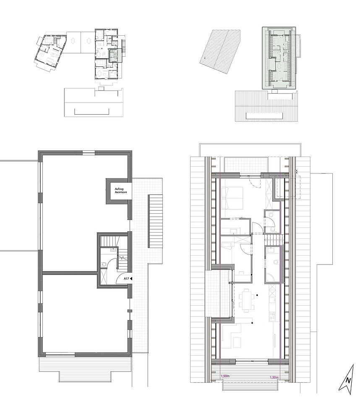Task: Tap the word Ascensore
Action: [x=121, y=192]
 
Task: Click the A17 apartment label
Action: [x=126, y=279]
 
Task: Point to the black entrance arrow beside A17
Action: [x=131, y=279]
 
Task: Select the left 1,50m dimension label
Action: [x=225, y=376]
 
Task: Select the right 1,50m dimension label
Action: [x=274, y=377]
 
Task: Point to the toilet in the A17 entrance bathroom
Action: [x=104, y=264]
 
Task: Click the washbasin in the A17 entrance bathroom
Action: [x=113, y=249]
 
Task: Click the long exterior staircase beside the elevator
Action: [x=156, y=221]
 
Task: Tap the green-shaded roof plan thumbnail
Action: [x=279, y=58]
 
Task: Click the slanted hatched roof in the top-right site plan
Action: [x=220, y=52]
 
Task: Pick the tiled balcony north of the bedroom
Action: [x=246, y=164]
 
